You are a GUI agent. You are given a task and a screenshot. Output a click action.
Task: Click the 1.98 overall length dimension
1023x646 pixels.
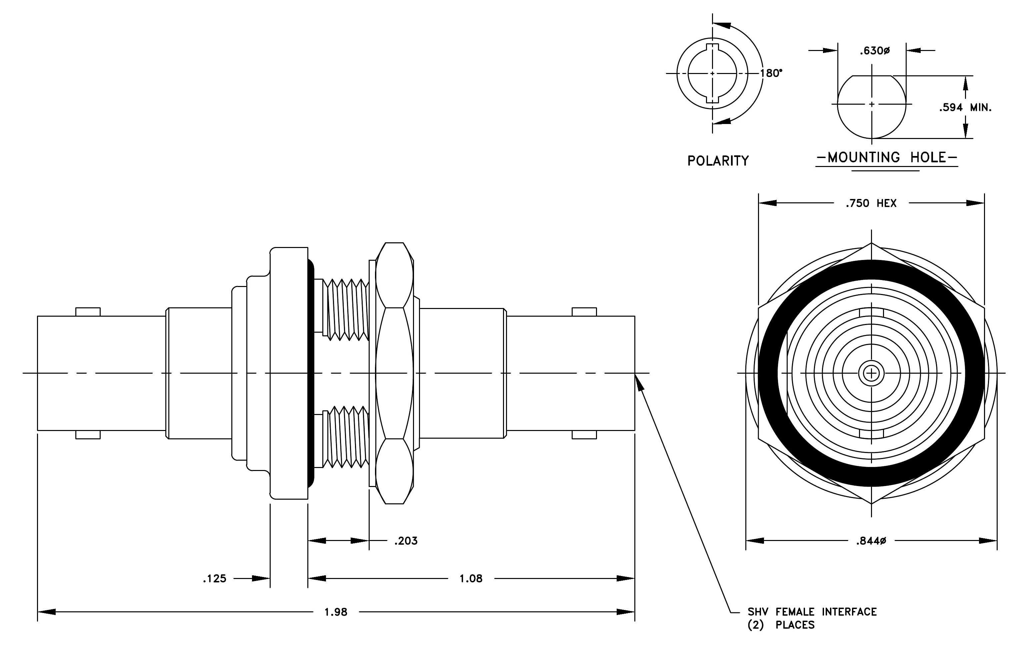click(336, 612)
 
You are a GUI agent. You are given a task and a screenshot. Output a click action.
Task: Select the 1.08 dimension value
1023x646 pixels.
click(471, 578)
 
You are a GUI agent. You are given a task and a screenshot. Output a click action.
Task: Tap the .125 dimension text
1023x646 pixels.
click(215, 578)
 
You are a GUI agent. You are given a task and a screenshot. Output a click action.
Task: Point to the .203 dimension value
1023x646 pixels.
click(406, 541)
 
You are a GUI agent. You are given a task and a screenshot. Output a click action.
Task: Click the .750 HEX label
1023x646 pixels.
click(871, 203)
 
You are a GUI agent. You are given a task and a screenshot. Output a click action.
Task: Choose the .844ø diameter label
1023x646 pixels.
click(871, 541)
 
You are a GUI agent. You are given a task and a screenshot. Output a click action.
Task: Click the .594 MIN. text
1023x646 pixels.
click(965, 107)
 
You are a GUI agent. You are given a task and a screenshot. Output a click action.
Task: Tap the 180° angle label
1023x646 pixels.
click(771, 73)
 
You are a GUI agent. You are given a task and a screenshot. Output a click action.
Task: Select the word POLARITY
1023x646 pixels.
click(718, 161)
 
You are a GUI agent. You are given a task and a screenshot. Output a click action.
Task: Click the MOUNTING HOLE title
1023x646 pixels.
click(887, 158)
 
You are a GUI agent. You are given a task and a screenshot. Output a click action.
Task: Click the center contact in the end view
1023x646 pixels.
click(871, 373)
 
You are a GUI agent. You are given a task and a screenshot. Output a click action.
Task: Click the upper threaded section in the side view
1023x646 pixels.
click(346, 310)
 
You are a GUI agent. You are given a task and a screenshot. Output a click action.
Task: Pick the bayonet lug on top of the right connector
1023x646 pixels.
click(584, 312)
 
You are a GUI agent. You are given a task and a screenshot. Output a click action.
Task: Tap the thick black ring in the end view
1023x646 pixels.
click(871, 270)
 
